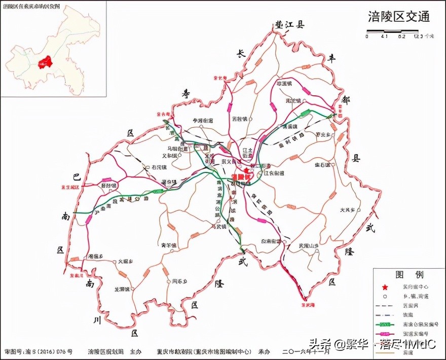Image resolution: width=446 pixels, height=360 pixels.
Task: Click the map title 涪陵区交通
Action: click(x=399, y=16)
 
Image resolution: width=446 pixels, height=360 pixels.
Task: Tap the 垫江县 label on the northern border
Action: click(x=289, y=25)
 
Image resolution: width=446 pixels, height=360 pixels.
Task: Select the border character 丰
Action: click(x=332, y=58)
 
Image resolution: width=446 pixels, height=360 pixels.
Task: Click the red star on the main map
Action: click(x=247, y=170)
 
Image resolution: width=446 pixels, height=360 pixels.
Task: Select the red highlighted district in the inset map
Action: click(x=46, y=62)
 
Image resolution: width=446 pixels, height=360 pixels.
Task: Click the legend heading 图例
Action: click(x=409, y=275)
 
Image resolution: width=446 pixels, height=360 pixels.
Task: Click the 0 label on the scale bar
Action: click(x=367, y=37)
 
